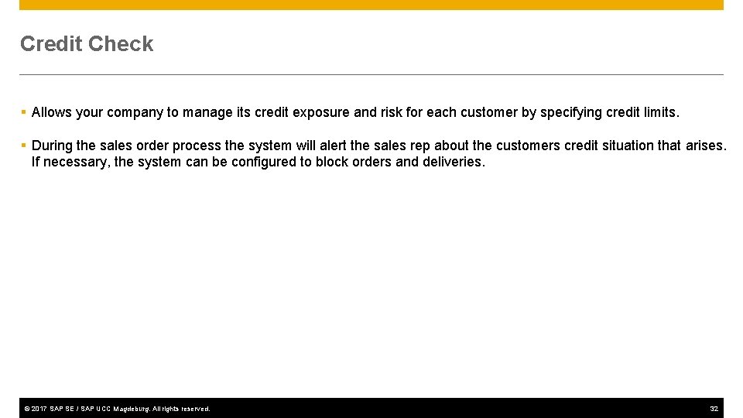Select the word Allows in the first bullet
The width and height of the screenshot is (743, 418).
click(x=52, y=112)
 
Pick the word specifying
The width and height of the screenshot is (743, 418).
click(x=570, y=113)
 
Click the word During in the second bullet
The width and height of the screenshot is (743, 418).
click(x=53, y=146)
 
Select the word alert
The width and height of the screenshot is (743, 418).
click(x=333, y=146)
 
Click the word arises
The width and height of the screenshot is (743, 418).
click(x=706, y=146)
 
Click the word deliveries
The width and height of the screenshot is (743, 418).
click(x=454, y=163)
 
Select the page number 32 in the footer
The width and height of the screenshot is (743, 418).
click(x=714, y=409)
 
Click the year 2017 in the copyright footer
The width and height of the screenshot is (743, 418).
click(x=39, y=409)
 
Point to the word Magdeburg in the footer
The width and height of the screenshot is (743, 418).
click(x=131, y=409)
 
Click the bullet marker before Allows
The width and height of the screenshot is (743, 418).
click(x=24, y=112)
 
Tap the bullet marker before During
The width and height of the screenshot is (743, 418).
click(x=24, y=146)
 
